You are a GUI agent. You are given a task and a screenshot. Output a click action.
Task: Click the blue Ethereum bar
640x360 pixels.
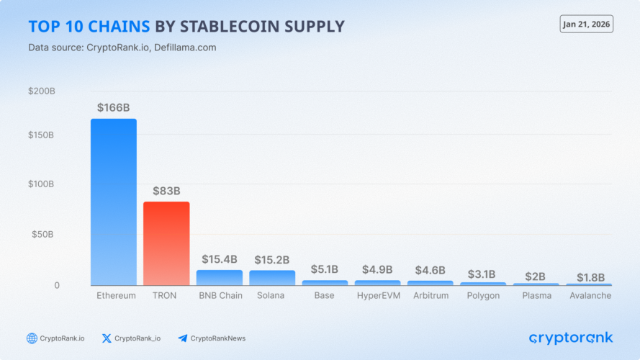click(113, 202)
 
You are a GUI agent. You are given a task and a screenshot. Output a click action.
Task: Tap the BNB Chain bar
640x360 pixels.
click(220, 278)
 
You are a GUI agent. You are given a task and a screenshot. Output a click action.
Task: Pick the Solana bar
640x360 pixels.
click(272, 278)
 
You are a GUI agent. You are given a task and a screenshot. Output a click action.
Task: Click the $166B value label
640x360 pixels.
click(113, 107)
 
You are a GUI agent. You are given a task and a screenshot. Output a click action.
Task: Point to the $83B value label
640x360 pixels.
click(166, 191)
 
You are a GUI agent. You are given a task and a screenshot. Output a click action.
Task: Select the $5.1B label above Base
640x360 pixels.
click(325, 269)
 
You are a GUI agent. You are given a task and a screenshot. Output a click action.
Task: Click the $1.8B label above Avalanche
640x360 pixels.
click(590, 277)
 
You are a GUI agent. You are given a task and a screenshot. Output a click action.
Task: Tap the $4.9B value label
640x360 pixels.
click(378, 269)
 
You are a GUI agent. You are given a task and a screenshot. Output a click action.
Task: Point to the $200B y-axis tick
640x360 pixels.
click(41, 91)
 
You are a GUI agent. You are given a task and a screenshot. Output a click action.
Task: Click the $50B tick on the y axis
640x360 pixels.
click(43, 235)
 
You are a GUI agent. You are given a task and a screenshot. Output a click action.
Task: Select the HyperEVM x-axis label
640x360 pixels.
click(378, 296)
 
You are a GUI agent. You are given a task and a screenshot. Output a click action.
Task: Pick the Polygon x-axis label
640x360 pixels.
click(483, 296)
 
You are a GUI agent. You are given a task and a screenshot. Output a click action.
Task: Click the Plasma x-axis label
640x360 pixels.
click(536, 296)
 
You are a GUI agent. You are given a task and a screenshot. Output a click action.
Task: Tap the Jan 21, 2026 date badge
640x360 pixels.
click(586, 24)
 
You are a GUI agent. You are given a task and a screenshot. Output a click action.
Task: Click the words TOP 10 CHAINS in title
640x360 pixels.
click(89, 27)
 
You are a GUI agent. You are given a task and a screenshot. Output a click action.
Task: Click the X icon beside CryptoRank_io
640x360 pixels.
click(107, 338)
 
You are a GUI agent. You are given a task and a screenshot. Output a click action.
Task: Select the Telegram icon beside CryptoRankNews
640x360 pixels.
click(182, 338)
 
